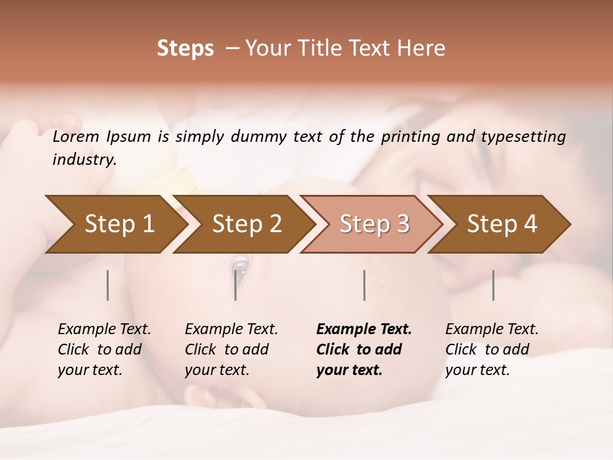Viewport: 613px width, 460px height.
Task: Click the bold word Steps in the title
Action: point(185,49)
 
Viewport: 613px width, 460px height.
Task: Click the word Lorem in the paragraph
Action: point(75,137)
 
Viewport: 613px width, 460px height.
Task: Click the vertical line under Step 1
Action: point(107,285)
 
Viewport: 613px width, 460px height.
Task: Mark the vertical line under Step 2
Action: point(236,285)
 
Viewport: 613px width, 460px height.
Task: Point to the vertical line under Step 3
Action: point(364,285)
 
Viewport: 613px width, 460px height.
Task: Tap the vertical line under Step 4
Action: point(494,285)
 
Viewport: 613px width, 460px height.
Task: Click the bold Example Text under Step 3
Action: point(364,330)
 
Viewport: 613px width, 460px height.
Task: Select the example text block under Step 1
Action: point(103,349)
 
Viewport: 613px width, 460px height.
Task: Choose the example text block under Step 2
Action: point(231,349)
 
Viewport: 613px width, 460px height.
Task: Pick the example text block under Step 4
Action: point(491,349)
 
